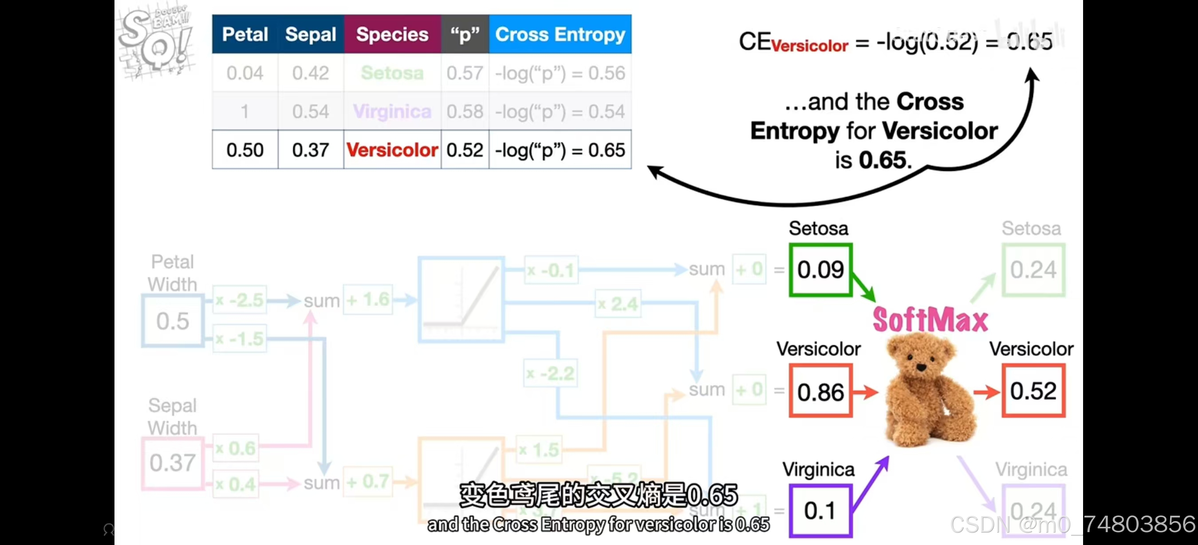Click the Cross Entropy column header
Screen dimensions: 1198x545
point(560,35)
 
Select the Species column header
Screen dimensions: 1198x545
point(392,35)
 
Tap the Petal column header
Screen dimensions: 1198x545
point(244,35)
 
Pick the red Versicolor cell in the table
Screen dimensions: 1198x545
point(392,150)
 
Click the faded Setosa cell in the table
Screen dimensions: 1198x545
point(392,73)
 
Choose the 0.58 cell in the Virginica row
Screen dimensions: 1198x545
point(465,111)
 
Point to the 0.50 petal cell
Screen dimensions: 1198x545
point(244,150)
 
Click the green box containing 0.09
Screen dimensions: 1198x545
point(820,270)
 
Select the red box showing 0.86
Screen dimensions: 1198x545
point(820,391)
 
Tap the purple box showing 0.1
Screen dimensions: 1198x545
point(820,510)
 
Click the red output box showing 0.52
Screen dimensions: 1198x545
point(1033,391)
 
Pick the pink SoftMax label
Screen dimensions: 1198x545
point(930,320)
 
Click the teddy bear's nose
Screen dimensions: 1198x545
point(921,367)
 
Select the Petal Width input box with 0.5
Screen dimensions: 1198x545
point(173,321)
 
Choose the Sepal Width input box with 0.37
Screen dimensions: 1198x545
point(173,463)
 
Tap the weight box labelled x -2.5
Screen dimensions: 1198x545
point(240,300)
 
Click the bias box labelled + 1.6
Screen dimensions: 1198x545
point(368,300)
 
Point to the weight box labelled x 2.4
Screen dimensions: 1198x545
point(618,304)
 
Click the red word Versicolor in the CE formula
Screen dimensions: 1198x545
point(810,46)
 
